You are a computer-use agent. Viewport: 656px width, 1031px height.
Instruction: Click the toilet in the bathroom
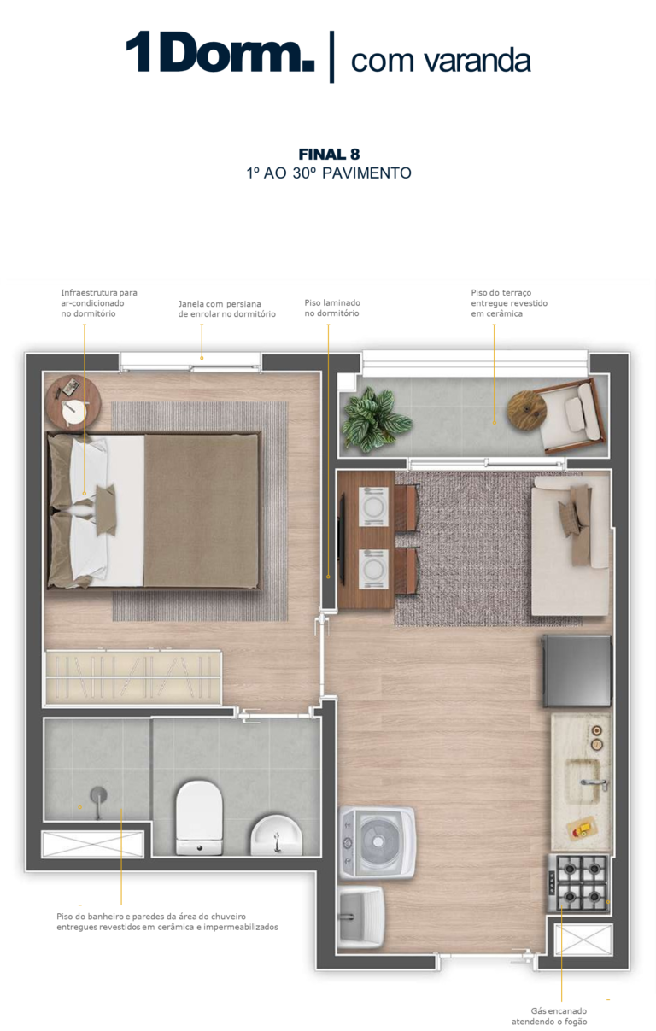click(199, 817)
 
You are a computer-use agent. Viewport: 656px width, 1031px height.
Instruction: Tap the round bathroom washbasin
click(276, 835)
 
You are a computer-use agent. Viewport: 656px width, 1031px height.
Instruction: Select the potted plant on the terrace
click(374, 419)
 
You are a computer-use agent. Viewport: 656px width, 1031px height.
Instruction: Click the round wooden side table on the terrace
click(527, 410)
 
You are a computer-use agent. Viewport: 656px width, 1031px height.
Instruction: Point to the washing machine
click(378, 842)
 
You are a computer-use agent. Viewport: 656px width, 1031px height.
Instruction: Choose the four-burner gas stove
click(578, 883)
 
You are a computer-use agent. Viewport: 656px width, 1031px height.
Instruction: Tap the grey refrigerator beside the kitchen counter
click(577, 671)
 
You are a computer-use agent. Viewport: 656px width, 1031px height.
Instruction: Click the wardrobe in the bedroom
click(133, 677)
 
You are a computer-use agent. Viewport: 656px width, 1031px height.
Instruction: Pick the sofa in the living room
click(571, 546)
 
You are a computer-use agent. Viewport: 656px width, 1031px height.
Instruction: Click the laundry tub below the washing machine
click(361, 917)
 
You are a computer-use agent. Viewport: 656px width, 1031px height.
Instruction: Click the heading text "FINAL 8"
click(329, 155)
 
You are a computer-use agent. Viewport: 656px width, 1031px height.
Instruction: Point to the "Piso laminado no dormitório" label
click(332, 308)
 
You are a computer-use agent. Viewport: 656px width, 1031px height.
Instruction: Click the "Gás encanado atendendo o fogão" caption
click(549, 1016)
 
